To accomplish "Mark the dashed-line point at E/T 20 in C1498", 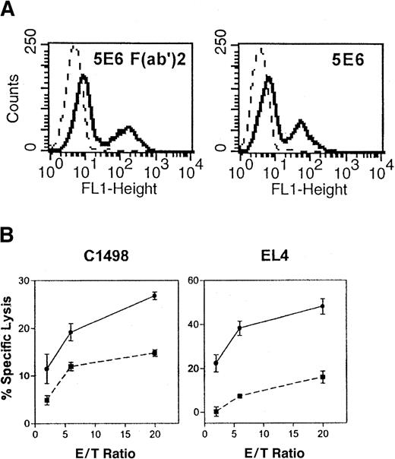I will pyautogui.click(x=154, y=353).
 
